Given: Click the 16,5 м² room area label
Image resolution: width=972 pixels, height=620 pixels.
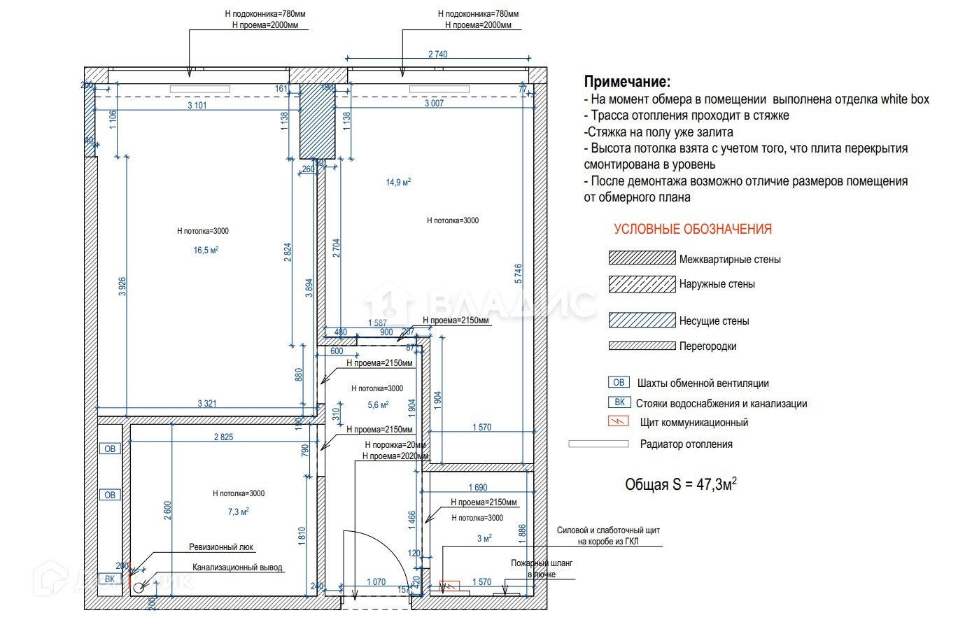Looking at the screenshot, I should click(206, 251).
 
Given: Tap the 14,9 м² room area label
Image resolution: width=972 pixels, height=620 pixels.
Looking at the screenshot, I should click(398, 183).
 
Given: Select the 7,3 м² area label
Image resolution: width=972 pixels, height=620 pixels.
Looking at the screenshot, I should click(238, 512).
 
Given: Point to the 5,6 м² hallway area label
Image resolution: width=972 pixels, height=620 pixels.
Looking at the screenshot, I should click(378, 405).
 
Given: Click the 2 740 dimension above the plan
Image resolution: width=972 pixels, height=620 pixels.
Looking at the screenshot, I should click(437, 55).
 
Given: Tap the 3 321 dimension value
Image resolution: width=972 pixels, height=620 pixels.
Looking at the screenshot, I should click(206, 403).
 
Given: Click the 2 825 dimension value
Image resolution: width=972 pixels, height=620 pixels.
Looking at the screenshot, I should click(223, 437).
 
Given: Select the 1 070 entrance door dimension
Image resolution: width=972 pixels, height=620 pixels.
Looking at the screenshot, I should click(376, 582).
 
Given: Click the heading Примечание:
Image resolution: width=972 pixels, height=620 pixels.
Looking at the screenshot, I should click(627, 82).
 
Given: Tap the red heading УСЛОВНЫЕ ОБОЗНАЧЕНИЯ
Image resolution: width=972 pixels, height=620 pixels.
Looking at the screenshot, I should click(693, 230).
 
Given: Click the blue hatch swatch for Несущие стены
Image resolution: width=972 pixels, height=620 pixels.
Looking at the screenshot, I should click(642, 320).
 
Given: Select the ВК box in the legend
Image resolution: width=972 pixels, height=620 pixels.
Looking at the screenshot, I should click(619, 402).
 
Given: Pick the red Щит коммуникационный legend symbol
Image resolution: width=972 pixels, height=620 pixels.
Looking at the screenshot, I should click(619, 422).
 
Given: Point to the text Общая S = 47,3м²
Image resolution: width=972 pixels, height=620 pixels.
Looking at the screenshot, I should click(680, 484).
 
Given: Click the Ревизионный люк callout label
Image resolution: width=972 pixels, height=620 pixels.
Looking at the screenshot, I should click(221, 547).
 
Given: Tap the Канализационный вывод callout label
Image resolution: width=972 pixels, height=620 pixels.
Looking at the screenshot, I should click(237, 568).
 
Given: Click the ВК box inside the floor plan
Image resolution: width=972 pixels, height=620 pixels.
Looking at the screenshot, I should click(110, 579).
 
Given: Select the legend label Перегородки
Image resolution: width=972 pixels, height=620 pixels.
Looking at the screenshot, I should click(707, 346).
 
